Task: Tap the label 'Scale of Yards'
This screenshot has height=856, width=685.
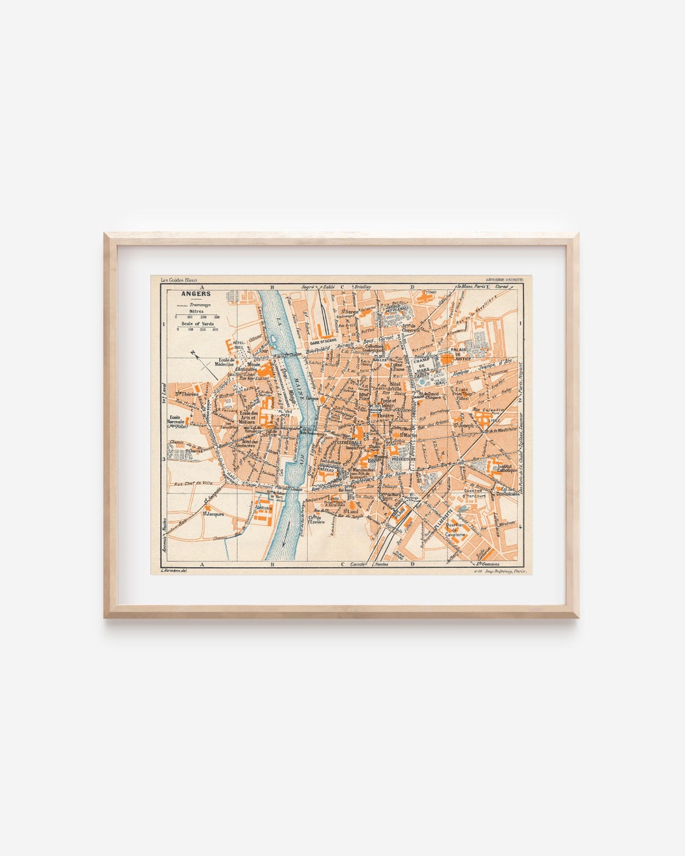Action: tap(197, 323)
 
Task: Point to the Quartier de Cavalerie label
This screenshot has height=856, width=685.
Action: tap(457, 530)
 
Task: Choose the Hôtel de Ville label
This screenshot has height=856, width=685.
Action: tap(395, 386)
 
